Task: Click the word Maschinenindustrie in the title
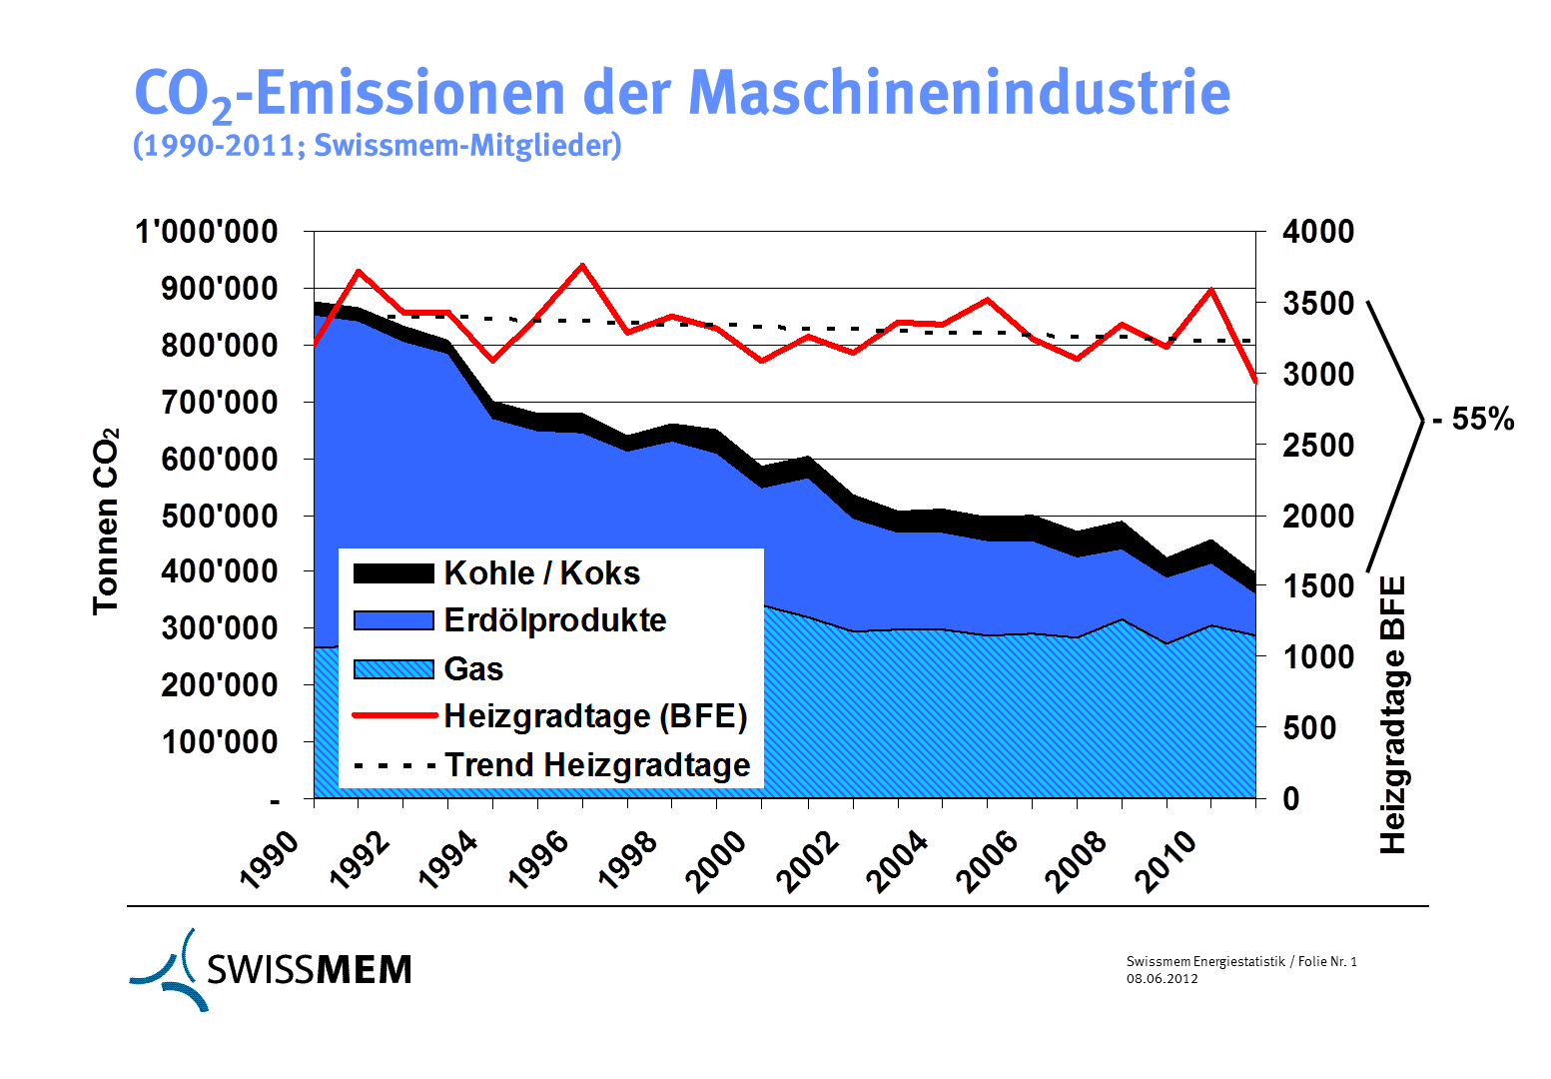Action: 959,93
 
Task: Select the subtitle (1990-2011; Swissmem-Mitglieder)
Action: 378,146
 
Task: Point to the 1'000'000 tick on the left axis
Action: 207,232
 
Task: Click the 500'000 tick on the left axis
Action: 221,517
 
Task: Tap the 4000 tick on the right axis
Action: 1318,232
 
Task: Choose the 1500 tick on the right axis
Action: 1318,585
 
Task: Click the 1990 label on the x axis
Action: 271,859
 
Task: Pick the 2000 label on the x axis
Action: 718,859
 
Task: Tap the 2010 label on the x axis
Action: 1166,859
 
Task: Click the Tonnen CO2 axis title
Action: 106,521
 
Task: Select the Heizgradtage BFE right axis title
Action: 1392,714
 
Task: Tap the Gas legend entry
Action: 473,669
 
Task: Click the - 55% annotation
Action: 1473,420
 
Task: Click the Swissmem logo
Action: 271,969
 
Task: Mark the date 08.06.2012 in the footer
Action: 1162,979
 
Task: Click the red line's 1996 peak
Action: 582,265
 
